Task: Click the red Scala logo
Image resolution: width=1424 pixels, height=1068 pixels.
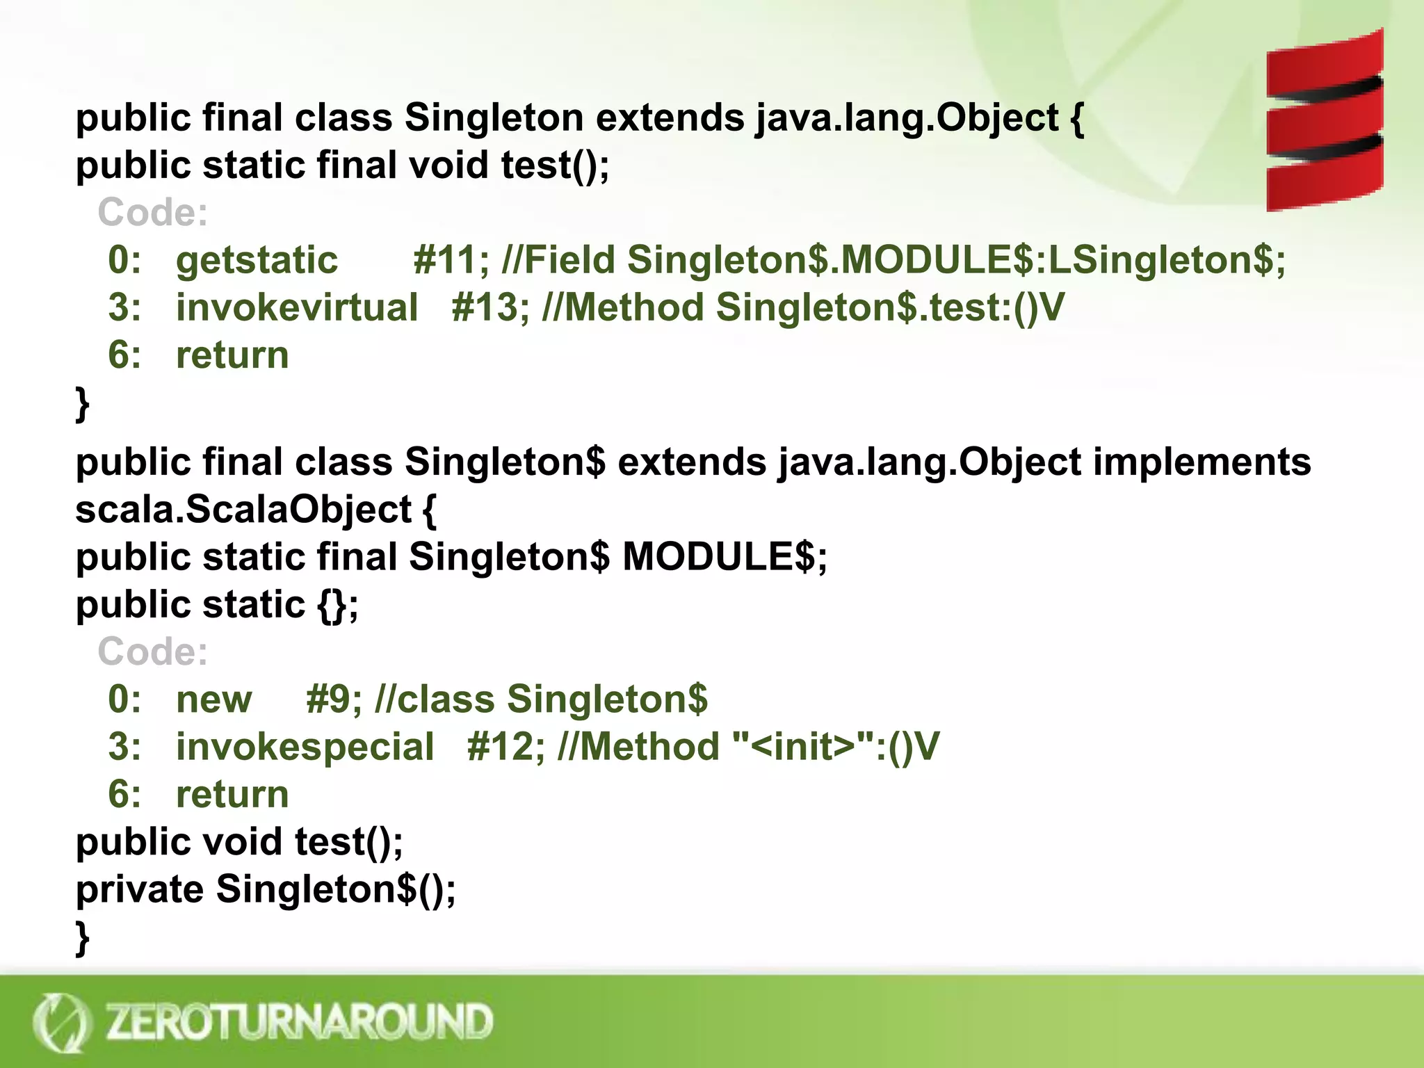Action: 1324,120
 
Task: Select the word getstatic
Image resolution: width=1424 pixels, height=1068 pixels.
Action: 257,261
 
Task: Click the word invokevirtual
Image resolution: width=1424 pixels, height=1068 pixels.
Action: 297,308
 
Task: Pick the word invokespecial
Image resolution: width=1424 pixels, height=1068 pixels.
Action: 305,747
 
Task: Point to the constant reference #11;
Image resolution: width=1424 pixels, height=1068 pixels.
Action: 451,261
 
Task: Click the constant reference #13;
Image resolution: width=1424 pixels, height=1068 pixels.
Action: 489,308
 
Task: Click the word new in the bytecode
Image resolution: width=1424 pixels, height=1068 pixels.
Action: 213,699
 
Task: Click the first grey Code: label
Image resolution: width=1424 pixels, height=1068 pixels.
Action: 153,213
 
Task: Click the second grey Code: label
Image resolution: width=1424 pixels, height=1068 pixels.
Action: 153,652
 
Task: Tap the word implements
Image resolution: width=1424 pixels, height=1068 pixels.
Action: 1201,462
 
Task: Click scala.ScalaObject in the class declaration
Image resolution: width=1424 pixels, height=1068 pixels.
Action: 243,510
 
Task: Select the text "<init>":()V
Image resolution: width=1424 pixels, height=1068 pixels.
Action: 836,747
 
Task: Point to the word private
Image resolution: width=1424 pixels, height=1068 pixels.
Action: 139,890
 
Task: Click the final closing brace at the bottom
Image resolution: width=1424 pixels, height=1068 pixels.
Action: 82,938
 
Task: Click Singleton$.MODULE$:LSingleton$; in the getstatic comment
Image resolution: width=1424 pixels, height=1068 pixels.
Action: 956,261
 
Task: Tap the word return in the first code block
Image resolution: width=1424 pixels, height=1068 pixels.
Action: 232,355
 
